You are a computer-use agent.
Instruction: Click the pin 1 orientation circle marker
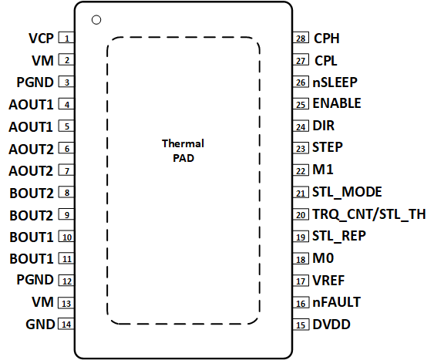96,19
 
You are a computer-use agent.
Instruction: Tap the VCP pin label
41,38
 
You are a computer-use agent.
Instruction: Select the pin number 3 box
68,82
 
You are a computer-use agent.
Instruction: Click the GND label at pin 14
40,325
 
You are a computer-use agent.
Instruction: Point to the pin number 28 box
301,38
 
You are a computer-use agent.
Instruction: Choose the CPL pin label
327,59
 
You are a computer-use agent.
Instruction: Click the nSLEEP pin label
335,81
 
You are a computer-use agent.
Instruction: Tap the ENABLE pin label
337,103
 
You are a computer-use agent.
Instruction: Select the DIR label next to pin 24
323,125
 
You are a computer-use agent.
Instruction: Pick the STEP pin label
328,146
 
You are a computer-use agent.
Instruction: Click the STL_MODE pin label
347,192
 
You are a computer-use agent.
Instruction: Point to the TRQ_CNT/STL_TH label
368,214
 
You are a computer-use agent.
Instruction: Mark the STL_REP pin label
339,236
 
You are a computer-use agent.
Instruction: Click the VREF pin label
328,281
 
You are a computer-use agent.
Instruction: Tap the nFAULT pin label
336,302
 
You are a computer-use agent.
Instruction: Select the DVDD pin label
331,325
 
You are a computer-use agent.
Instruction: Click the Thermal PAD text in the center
183,151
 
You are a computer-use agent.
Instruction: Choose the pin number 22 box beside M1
301,170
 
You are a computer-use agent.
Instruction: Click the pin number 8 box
68,193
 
